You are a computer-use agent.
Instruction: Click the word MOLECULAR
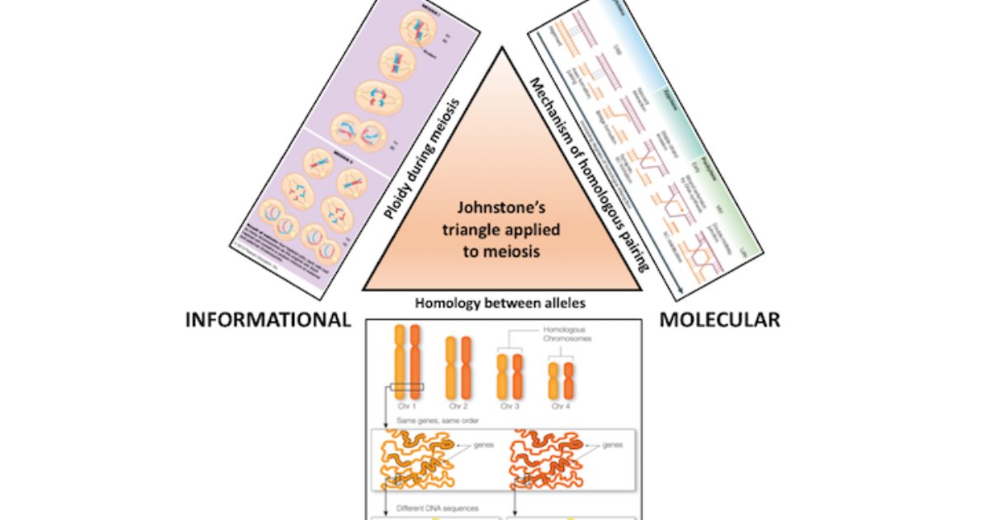tap(719, 319)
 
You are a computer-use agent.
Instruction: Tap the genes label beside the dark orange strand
tap(611, 445)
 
